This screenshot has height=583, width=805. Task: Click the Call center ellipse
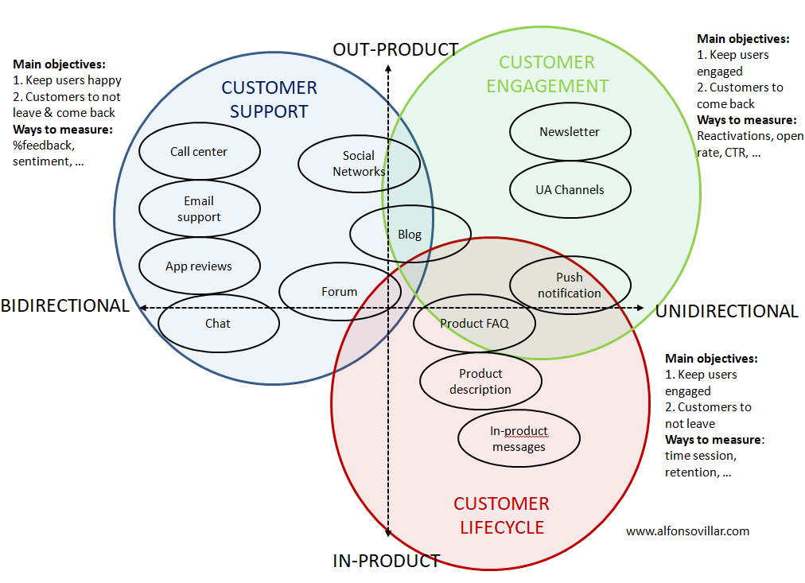click(x=199, y=152)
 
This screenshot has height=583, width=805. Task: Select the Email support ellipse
click(x=199, y=208)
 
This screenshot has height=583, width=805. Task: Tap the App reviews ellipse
click(x=199, y=266)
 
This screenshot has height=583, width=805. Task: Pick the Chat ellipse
click(x=218, y=324)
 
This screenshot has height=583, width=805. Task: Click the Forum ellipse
click(x=340, y=292)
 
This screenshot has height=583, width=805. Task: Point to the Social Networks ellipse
click(x=359, y=163)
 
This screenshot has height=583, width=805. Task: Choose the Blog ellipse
click(x=410, y=234)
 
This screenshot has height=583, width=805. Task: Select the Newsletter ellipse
click(x=570, y=132)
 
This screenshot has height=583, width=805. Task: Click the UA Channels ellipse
click(x=570, y=190)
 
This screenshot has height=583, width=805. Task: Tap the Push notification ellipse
click(x=570, y=285)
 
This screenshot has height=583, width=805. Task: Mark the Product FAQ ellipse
click(x=474, y=323)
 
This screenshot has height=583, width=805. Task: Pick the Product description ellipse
click(x=480, y=382)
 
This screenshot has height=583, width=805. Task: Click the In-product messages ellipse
click(x=519, y=438)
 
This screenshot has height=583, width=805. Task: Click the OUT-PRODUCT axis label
click(x=395, y=49)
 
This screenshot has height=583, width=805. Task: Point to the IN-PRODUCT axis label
click(x=387, y=561)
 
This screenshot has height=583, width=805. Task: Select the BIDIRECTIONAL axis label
click(x=65, y=306)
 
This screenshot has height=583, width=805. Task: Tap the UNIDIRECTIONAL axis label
click(x=726, y=311)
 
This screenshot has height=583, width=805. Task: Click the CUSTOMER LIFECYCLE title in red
click(x=501, y=515)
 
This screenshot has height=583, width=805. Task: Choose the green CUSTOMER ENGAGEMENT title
click(x=546, y=74)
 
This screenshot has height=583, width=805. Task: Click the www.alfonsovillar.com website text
click(x=687, y=531)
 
